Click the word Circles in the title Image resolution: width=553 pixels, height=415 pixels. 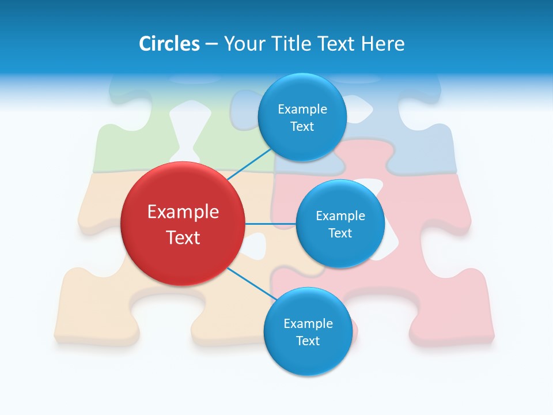pos(169,44)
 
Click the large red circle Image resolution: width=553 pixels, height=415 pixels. pos(183,224)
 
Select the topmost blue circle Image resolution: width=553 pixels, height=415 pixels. pos(302,117)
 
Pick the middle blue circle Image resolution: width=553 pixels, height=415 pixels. pos(340,224)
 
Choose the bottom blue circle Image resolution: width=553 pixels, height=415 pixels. pos(308,331)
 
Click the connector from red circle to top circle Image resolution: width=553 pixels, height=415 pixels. pos(249,164)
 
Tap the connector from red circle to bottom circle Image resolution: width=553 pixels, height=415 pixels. pos(251,284)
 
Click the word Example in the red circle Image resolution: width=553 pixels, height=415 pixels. pos(183,212)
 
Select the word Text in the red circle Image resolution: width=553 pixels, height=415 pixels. pos(183,237)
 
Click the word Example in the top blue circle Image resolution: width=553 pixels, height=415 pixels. pos(302,109)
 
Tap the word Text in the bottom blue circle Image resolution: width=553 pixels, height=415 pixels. pos(308,341)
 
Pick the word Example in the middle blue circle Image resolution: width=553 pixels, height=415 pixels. pos(340,216)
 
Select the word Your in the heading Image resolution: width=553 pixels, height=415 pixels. pos(243,44)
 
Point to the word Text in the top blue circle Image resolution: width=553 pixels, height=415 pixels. pos(302,126)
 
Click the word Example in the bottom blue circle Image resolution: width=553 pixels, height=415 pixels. pos(308,323)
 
